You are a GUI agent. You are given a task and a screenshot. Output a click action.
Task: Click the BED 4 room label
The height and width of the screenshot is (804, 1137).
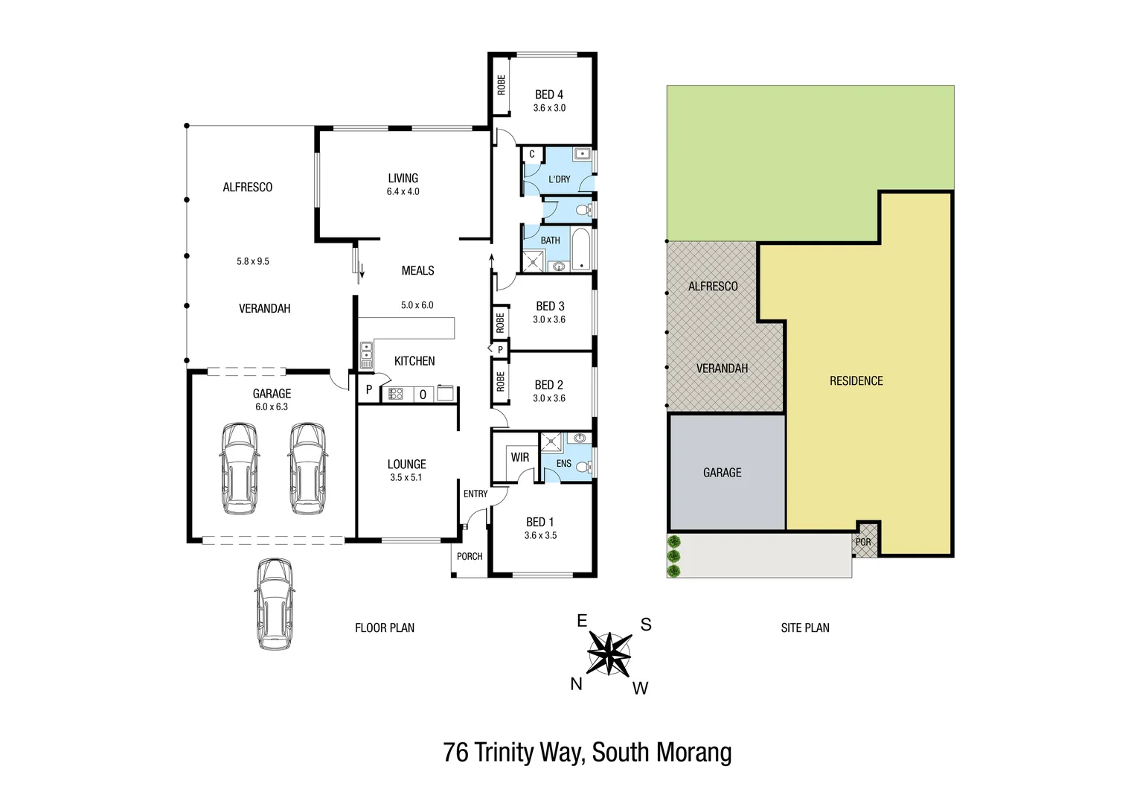pyautogui.click(x=549, y=95)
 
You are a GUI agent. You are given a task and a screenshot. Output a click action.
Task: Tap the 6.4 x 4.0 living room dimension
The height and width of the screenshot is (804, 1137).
pyautogui.click(x=403, y=192)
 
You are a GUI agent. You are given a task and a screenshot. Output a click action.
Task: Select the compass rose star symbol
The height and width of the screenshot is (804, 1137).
pyautogui.click(x=609, y=653)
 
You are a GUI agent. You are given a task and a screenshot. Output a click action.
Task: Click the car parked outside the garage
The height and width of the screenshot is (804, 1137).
pyautogui.click(x=275, y=604)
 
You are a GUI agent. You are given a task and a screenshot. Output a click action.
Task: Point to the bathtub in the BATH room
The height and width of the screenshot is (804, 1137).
pyautogui.click(x=581, y=249)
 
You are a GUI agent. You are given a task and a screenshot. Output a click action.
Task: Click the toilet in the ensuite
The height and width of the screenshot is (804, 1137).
pyautogui.click(x=583, y=467)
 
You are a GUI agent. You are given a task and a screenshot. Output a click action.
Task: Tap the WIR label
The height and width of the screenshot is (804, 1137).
pyautogui.click(x=520, y=457)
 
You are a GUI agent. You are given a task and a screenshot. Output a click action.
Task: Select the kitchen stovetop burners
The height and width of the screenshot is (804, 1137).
pyautogui.click(x=396, y=394)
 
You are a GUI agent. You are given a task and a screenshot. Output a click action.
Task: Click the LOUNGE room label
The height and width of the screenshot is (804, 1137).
pyautogui.click(x=406, y=464)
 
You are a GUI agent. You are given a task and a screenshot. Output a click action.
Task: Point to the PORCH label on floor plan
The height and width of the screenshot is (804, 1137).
pyautogui.click(x=470, y=556)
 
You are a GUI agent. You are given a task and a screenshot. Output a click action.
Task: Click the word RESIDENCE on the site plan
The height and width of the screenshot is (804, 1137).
pyautogui.click(x=856, y=381)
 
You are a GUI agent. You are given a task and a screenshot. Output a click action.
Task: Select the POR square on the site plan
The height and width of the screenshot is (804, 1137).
pyautogui.click(x=864, y=541)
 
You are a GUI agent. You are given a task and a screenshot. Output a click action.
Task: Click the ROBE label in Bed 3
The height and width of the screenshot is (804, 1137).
pyautogui.click(x=500, y=322)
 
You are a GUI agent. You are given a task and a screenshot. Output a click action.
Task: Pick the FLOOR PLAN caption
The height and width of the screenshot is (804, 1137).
pyautogui.click(x=385, y=628)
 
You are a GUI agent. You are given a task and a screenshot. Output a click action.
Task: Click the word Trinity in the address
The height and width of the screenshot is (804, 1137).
pyautogui.click(x=505, y=753)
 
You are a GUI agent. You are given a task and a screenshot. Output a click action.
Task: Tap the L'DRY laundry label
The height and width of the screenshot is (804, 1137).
pyautogui.click(x=559, y=179)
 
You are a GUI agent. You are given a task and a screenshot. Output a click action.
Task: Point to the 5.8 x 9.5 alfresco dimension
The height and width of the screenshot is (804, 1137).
pyautogui.click(x=253, y=261)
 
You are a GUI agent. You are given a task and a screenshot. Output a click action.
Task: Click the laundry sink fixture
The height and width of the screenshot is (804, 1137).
pyautogui.click(x=582, y=155)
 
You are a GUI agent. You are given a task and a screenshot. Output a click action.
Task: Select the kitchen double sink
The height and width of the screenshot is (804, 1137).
pyautogui.click(x=366, y=355)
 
